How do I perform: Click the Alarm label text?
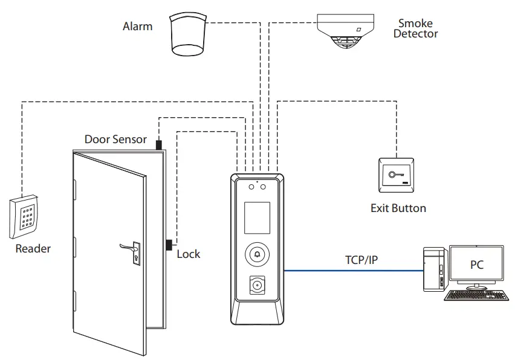point(137,26)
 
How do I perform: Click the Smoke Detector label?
point(415,29)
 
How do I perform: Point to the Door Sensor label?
point(115,140)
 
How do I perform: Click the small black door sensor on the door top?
point(159,145)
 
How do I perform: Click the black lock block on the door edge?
point(169,245)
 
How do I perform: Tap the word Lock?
point(188,254)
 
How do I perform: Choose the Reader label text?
point(33,248)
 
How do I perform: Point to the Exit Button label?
point(398,208)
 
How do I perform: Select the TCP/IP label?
point(361,260)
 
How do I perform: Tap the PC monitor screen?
point(476,265)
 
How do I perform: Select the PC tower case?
point(434,268)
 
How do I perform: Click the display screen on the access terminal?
point(257,217)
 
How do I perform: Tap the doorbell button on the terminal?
point(257,254)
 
